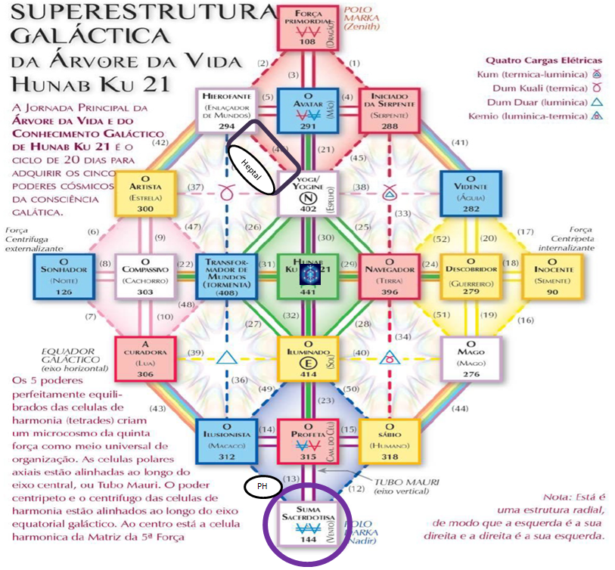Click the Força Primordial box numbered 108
tap(306, 28)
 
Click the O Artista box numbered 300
tap(146, 194)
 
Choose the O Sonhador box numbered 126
tap(64, 276)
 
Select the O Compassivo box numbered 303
tap(146, 276)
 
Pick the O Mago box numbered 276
tap(475, 359)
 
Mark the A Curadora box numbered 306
tap(146, 359)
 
